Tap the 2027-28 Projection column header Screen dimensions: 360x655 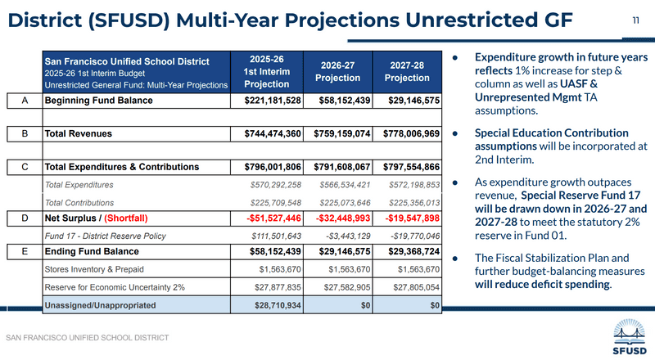click(408, 71)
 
